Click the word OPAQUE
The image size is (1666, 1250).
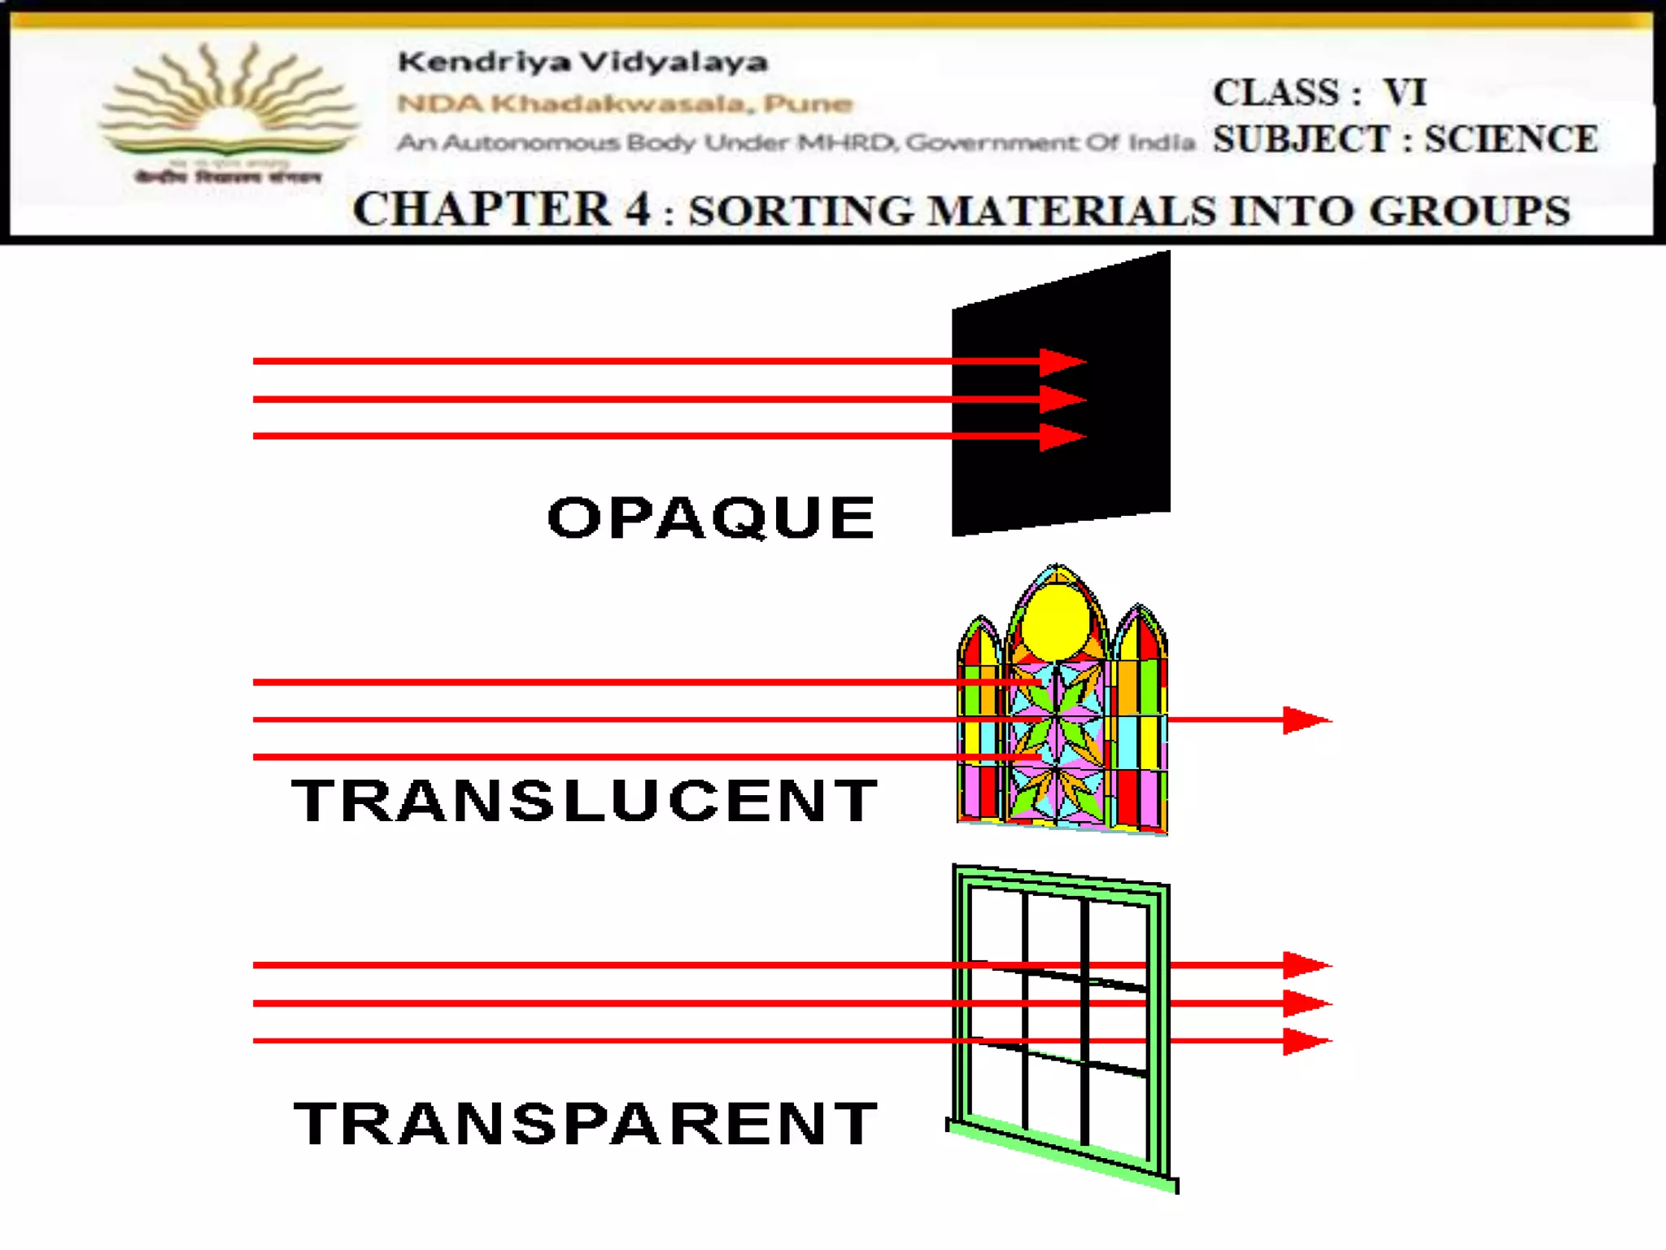pos(711,518)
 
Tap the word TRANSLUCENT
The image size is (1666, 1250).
pos(585,801)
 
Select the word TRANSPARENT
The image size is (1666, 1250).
pos(587,1123)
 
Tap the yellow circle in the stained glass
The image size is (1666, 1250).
pos(1055,623)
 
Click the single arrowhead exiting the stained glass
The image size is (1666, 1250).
pos(1305,720)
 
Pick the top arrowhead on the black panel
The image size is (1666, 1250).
pos(1062,361)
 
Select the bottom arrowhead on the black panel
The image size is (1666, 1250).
pos(1062,436)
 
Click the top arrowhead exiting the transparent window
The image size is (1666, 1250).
pos(1305,965)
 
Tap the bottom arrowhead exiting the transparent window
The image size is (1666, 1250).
pos(1305,1041)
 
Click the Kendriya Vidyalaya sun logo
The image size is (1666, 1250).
pos(228,106)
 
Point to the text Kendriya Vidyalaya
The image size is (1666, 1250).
pos(582,62)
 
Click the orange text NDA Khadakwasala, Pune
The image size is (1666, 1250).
pos(625,103)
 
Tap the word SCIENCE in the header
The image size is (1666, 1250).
pos(1511,139)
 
